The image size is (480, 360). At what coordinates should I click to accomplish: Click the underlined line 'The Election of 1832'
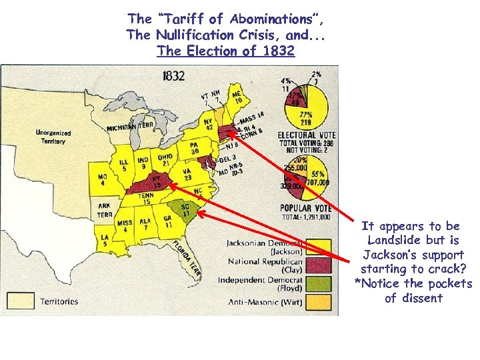tap(225, 51)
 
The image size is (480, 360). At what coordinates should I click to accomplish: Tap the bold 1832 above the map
tap(173, 75)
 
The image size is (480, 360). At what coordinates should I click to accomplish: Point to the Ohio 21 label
tap(165, 161)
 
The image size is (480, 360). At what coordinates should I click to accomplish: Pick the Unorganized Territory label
tap(51, 137)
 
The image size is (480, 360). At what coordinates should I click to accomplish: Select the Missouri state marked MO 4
tap(102, 181)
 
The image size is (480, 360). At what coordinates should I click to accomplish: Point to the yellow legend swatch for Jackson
tap(318, 247)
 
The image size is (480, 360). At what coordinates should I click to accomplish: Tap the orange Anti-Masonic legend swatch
tap(318, 302)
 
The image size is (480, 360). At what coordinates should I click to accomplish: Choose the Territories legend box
tap(21, 301)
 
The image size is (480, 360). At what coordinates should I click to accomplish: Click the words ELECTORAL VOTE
tap(307, 135)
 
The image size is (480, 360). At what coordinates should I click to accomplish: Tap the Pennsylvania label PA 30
tap(194, 147)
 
